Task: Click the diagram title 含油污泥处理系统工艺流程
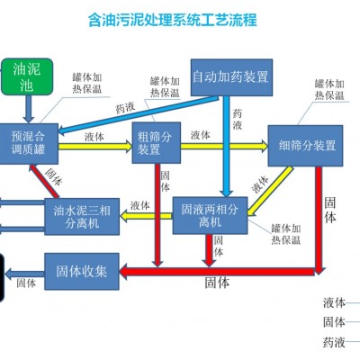173,20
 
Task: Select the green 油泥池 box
27,76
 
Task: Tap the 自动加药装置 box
231,77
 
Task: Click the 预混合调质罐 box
29,143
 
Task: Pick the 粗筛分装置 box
157,143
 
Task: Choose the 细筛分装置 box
305,146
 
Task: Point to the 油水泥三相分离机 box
82,216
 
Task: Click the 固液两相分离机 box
210,215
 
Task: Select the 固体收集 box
82,271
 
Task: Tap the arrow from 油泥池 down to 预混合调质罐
29,109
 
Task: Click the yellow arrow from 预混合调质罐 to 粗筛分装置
95,147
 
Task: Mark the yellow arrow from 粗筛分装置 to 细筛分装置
224,146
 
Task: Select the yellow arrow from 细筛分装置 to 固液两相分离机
269,192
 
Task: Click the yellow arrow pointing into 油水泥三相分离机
146,216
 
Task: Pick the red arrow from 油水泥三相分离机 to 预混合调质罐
44,181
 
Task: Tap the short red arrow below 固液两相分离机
209,250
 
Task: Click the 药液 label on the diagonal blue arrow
125,108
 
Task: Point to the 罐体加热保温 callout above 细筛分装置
329,89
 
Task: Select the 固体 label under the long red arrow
217,283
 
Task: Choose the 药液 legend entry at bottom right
334,342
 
